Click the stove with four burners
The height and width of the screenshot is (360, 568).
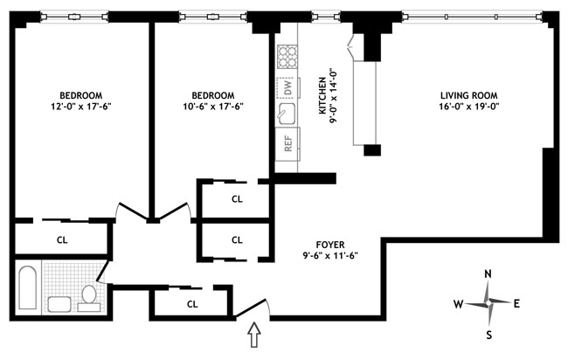tap(287, 57)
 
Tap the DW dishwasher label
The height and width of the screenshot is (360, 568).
tap(288, 87)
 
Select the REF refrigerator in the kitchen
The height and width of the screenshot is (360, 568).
tap(287, 143)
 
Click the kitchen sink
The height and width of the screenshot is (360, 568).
tap(286, 112)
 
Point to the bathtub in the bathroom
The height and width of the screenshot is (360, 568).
tap(28, 288)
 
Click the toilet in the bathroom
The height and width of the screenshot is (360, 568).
tap(89, 299)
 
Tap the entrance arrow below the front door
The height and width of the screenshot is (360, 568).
tap(254, 335)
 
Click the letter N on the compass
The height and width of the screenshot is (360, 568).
tap(488, 274)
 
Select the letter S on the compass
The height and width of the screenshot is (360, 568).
tap(489, 335)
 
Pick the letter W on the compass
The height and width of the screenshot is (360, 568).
tap(459, 304)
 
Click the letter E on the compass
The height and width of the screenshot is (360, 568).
tap(516, 303)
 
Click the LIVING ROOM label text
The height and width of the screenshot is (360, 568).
tap(469, 95)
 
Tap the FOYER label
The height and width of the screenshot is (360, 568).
tap(330, 245)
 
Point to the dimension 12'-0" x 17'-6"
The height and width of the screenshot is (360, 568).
tap(81, 107)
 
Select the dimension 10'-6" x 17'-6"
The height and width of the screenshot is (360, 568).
tap(213, 107)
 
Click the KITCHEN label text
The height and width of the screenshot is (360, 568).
tap(322, 96)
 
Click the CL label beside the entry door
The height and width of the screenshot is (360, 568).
tap(192, 304)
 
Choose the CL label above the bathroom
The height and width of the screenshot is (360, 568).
tap(62, 239)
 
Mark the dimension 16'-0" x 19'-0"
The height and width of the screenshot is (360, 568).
tap(469, 107)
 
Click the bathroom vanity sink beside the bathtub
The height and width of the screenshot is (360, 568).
tap(59, 304)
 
